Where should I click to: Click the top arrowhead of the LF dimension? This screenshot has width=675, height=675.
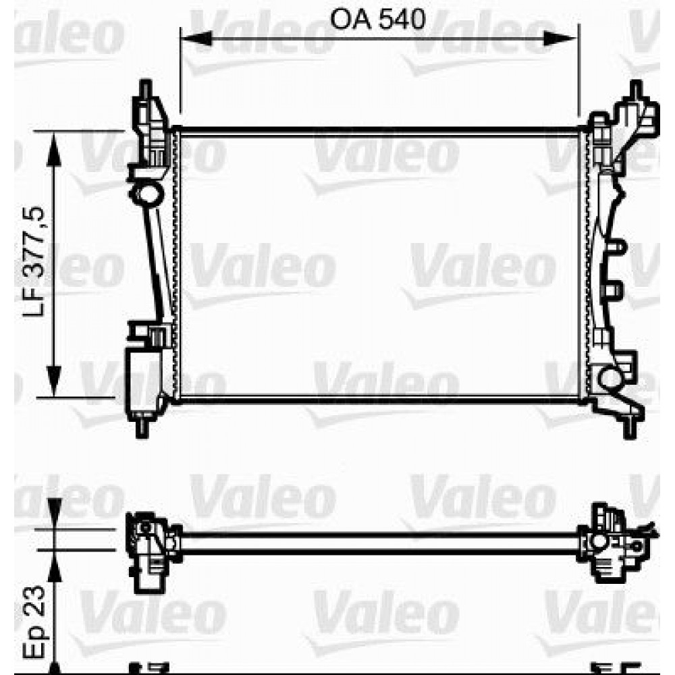click(x=55, y=144)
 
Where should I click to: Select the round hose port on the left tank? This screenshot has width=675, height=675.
click(x=147, y=195)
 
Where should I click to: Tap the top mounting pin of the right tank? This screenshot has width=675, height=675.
click(x=634, y=90)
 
